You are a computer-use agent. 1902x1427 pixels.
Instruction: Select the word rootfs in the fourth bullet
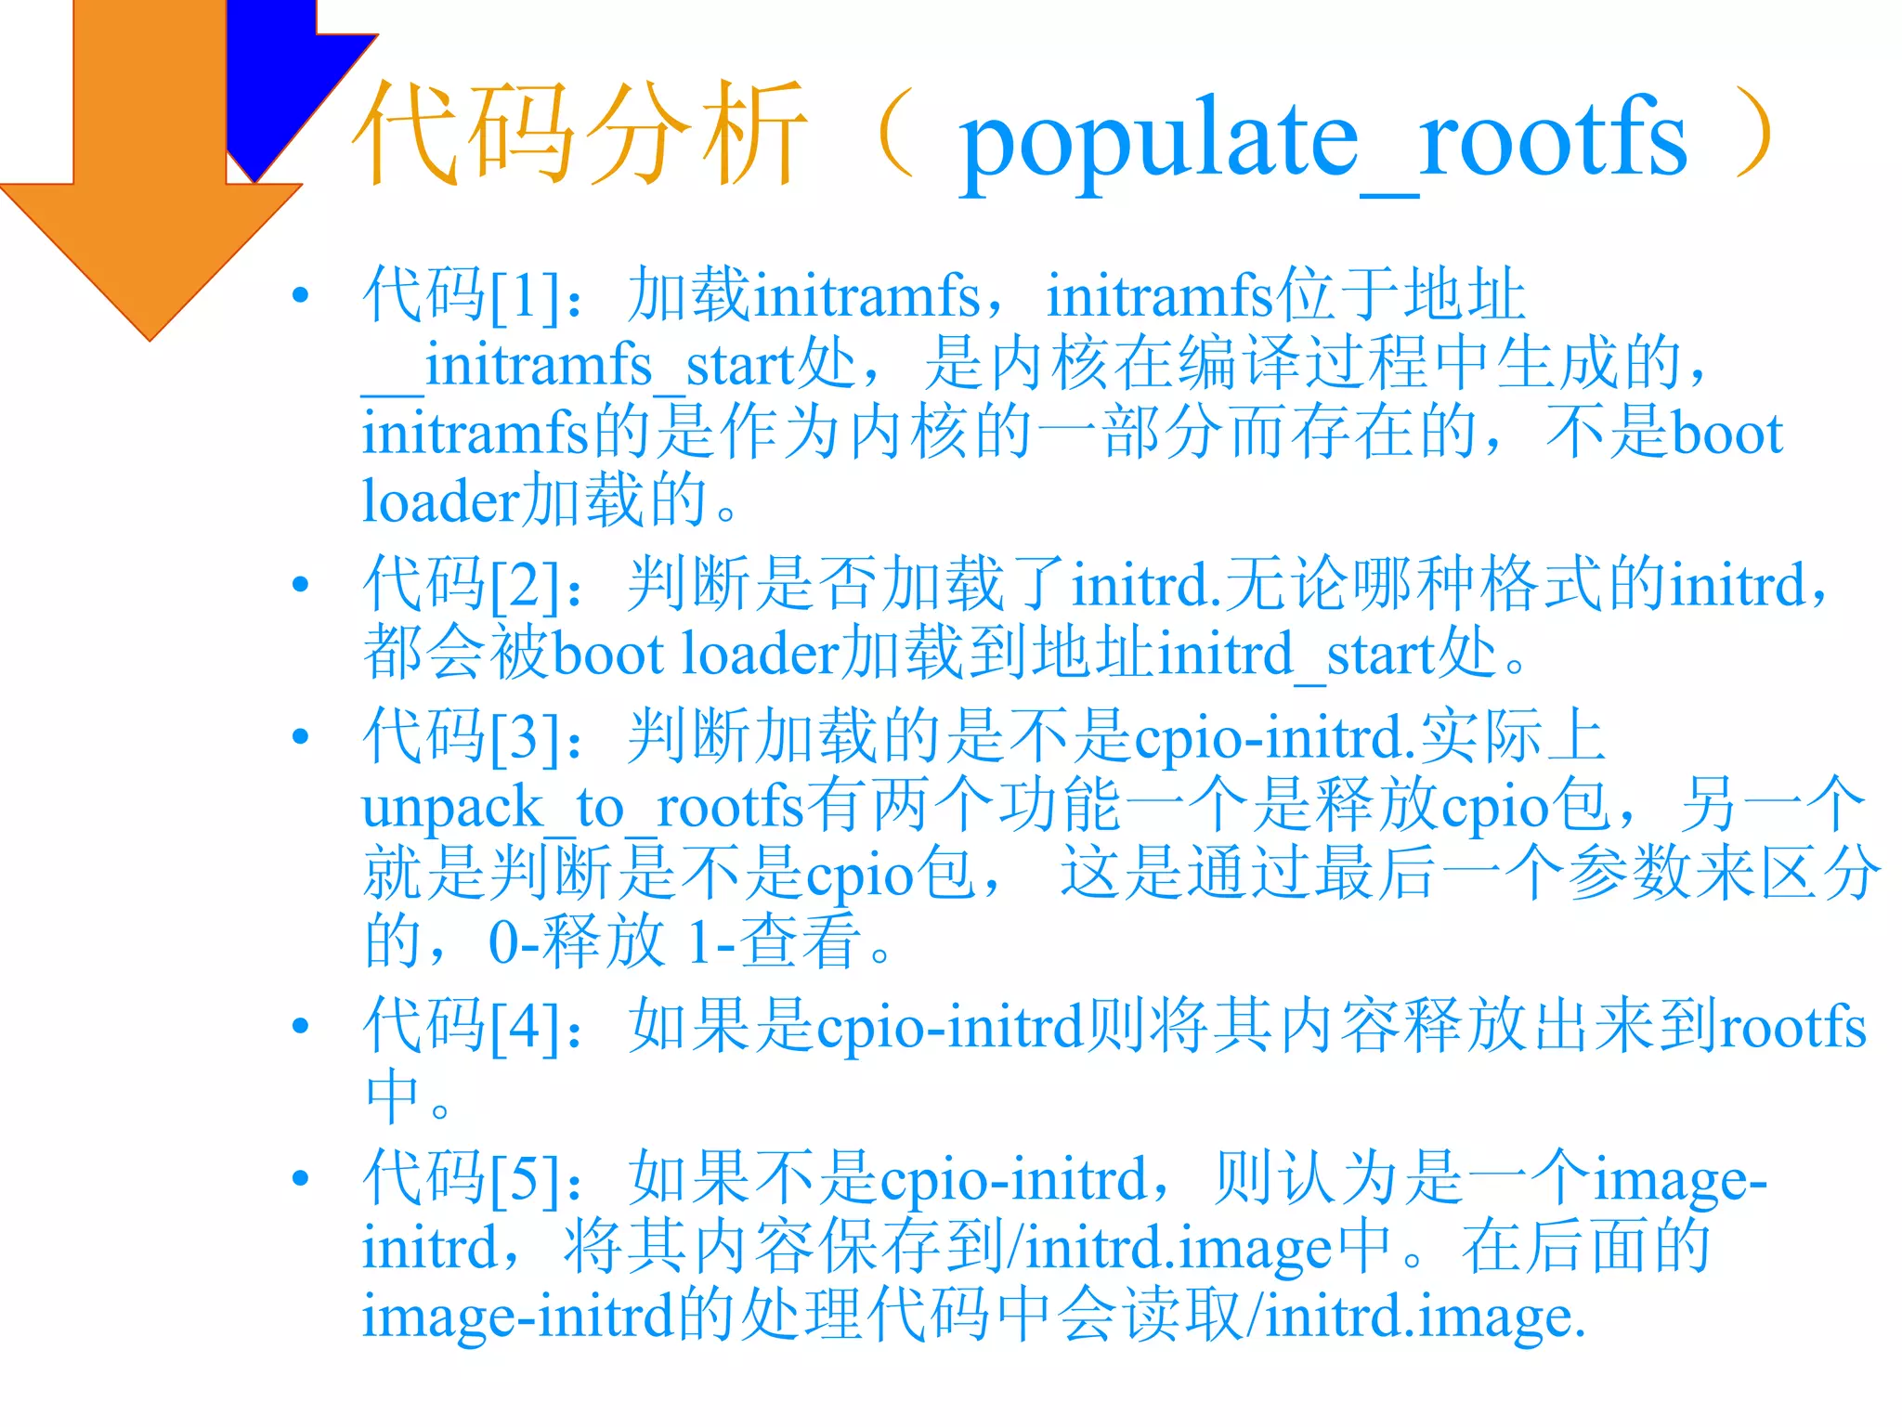click(x=1793, y=1027)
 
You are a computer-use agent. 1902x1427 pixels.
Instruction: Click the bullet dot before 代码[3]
click(x=300, y=737)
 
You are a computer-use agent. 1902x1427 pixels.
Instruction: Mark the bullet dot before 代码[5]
click(x=300, y=1178)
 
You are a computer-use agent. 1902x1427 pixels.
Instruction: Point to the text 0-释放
click(x=576, y=942)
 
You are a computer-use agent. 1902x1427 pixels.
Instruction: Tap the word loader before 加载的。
click(x=439, y=501)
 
